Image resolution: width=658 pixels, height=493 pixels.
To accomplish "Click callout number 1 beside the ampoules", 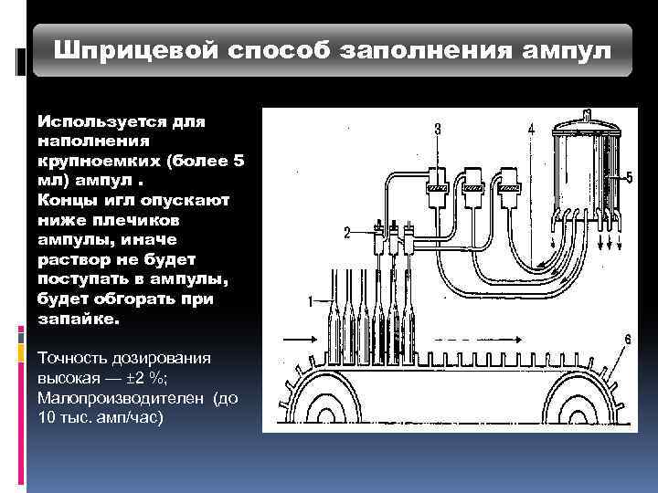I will click(311, 299).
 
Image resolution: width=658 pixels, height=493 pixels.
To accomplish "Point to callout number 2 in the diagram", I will click(346, 232).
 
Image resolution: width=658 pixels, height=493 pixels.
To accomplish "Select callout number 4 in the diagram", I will click(531, 130).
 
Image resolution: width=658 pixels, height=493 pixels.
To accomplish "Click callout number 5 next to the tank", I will click(628, 177).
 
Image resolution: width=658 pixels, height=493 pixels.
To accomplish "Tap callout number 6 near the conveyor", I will click(627, 339).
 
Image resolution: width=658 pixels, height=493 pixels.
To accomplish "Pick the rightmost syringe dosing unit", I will click(509, 183).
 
